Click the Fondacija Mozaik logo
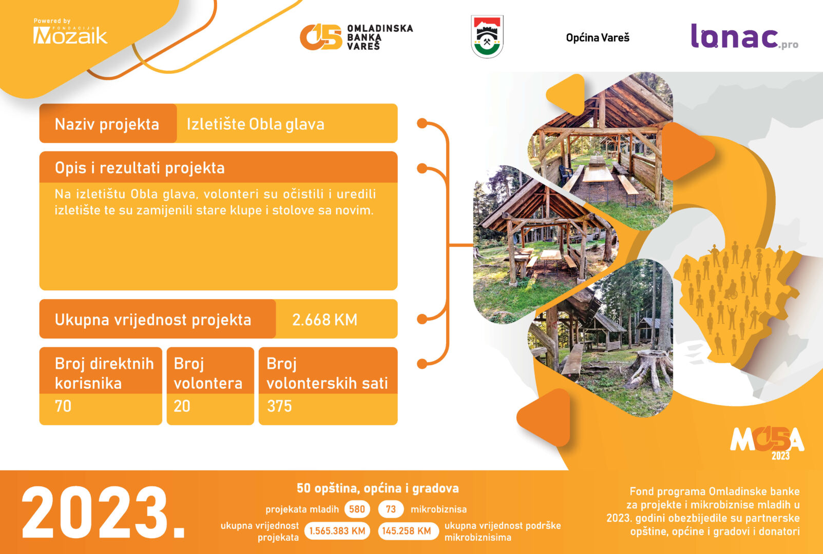(x=70, y=32)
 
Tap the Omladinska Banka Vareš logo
(x=356, y=37)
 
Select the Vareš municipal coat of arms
(x=487, y=36)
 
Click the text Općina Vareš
(x=598, y=37)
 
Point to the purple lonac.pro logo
(x=744, y=36)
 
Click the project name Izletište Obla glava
(x=255, y=124)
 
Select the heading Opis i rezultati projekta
(x=140, y=168)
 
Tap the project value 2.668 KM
(x=324, y=320)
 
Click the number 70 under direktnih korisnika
(x=63, y=406)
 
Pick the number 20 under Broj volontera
(x=182, y=406)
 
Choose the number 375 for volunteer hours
(x=279, y=406)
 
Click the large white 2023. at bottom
(x=103, y=512)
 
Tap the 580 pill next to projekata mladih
(x=357, y=509)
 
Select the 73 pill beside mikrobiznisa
(x=391, y=509)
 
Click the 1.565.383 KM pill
(x=337, y=531)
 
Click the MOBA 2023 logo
(x=767, y=442)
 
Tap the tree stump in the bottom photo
(x=651, y=369)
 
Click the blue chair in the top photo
(x=565, y=172)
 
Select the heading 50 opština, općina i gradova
(x=378, y=488)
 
